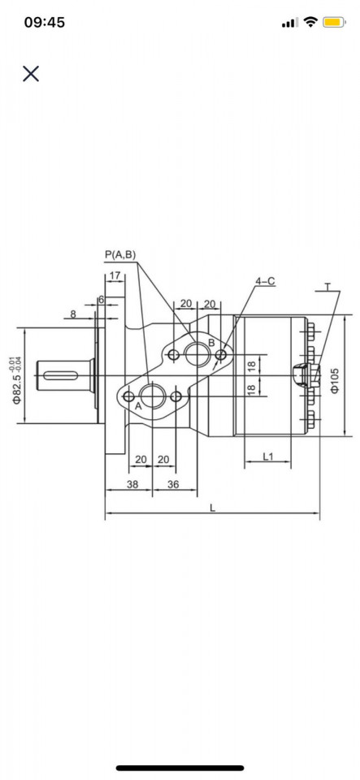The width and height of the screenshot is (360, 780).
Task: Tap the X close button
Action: click(x=31, y=74)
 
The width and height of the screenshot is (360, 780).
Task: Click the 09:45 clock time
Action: click(x=45, y=23)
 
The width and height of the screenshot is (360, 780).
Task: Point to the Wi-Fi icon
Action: click(x=310, y=23)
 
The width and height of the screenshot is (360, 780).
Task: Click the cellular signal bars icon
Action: click(x=289, y=23)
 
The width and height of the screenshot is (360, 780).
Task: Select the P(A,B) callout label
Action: click(x=120, y=255)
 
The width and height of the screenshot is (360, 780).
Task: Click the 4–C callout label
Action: click(x=265, y=281)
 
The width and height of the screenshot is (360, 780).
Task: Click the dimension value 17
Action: click(x=115, y=276)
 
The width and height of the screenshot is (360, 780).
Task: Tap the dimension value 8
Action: click(x=73, y=314)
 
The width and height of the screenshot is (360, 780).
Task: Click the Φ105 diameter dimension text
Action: click(x=335, y=380)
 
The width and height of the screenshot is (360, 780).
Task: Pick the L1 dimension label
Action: click(x=268, y=456)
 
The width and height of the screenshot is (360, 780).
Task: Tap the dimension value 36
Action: click(x=173, y=484)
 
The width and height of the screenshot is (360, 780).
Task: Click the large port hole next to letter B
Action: click(x=196, y=353)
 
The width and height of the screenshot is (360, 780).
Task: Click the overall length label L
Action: click(x=212, y=508)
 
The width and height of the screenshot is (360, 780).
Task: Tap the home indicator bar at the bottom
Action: click(x=180, y=767)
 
